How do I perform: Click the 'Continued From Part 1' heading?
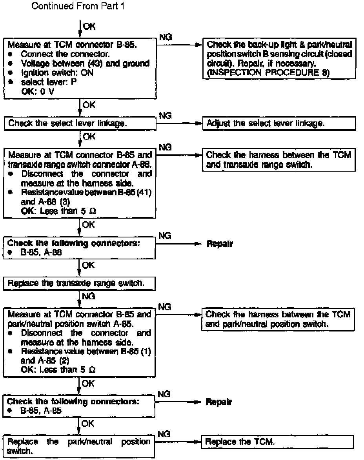click(x=78, y=6)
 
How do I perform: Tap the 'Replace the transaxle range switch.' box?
click(x=80, y=283)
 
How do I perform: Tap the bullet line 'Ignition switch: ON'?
click(x=57, y=73)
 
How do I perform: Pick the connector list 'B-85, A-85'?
click(x=41, y=411)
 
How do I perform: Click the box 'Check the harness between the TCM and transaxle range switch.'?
click(x=279, y=160)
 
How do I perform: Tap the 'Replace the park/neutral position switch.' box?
click(x=80, y=446)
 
